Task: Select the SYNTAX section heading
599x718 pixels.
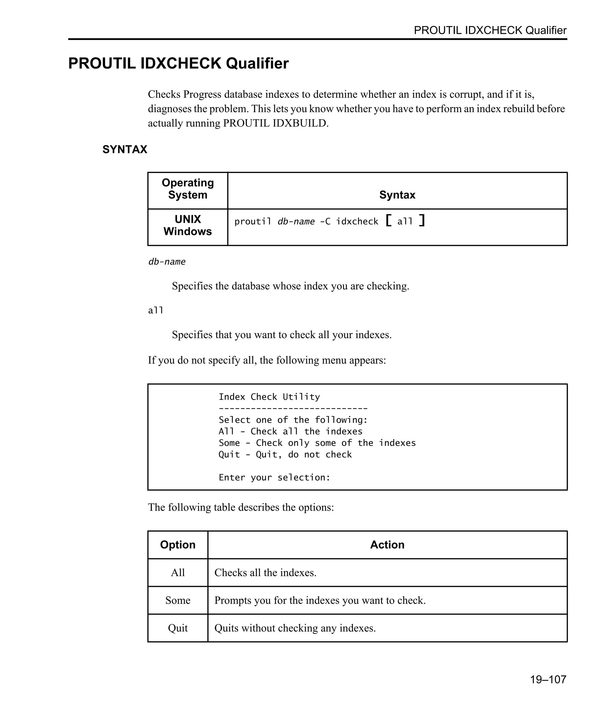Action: click(125, 149)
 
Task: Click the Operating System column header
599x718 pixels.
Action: click(187, 189)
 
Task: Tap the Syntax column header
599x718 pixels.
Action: click(397, 195)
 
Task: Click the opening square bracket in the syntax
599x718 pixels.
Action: click(388, 221)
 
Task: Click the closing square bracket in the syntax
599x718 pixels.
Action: click(422, 221)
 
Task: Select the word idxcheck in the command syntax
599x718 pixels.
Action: click(357, 221)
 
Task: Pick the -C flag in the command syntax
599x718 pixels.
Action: click(325, 221)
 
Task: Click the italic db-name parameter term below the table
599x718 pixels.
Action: click(167, 262)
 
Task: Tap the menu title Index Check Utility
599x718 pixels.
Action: click(269, 397)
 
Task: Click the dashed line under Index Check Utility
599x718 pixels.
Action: click(293, 408)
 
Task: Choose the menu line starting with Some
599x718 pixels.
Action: click(317, 443)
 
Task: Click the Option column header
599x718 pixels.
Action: click(178, 545)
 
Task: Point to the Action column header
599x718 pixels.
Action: click(387, 545)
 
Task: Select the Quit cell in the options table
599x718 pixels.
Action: click(178, 628)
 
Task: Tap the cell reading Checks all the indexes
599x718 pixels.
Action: click(265, 573)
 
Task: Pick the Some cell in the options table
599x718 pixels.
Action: click(178, 600)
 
